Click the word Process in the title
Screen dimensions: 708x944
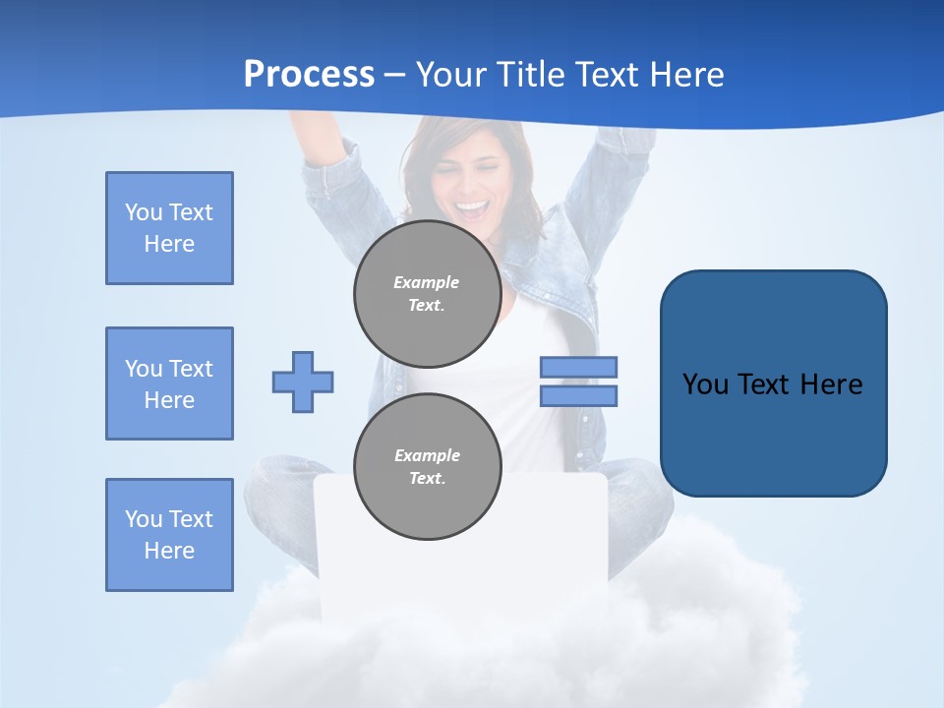[x=309, y=75]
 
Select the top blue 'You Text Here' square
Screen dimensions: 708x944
[x=169, y=228]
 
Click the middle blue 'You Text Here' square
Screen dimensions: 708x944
[x=169, y=383]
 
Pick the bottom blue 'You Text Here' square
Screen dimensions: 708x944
[x=169, y=535]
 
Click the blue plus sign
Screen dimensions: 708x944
[x=303, y=382]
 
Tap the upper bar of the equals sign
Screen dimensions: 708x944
[x=578, y=367]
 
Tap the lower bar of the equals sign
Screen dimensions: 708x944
[x=578, y=396]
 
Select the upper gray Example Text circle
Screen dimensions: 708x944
[x=427, y=293]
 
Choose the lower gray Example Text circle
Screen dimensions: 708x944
[x=427, y=466]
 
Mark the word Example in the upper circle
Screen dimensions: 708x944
[x=426, y=282]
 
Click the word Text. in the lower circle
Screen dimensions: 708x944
[x=428, y=479]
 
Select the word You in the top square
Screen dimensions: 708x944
[x=144, y=212]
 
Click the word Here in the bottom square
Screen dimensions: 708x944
[x=169, y=551]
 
